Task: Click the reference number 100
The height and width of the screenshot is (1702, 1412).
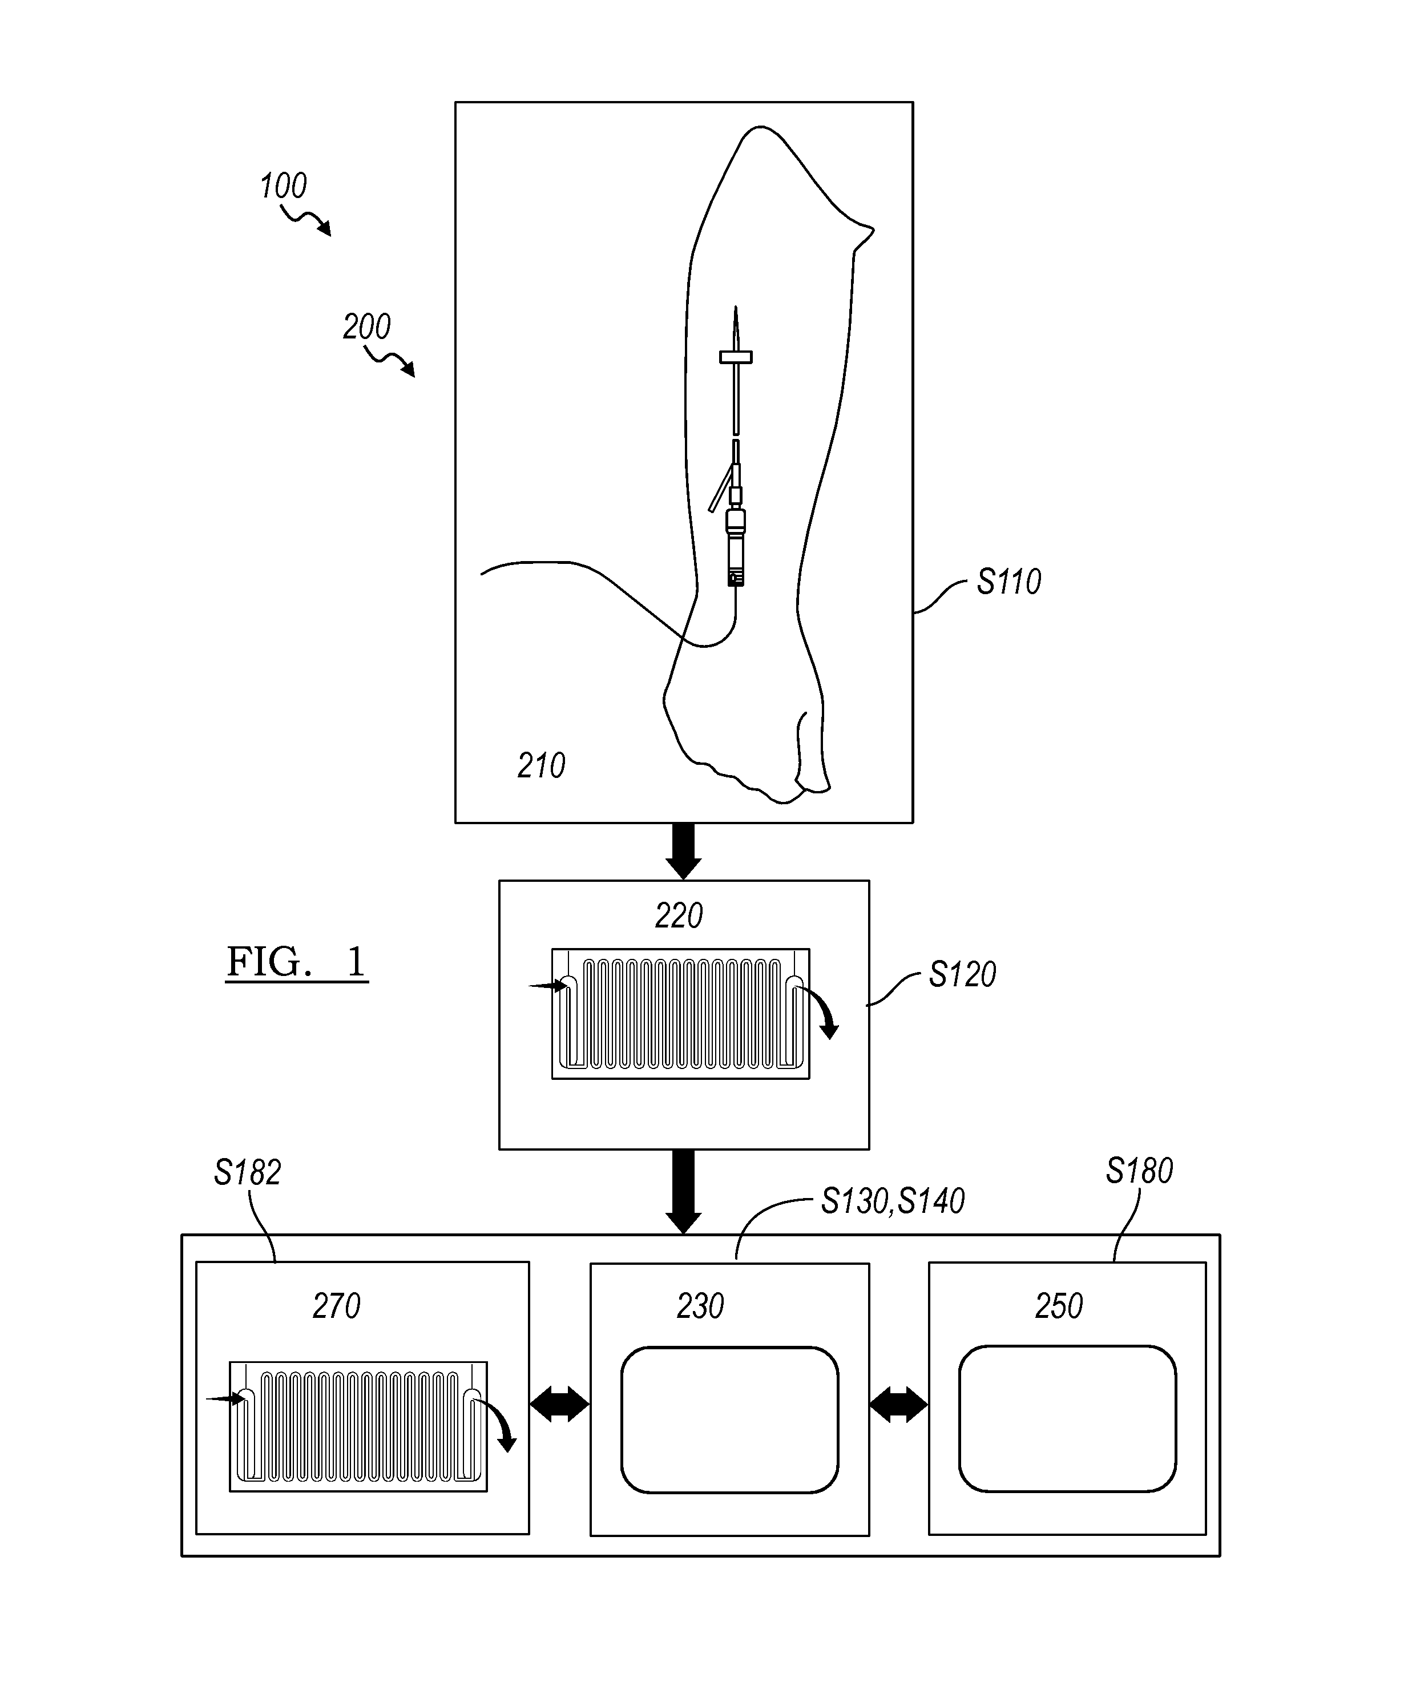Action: [x=283, y=187]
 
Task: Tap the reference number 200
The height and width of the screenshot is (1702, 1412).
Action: [x=366, y=326]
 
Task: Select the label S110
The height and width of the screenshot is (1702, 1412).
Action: [x=1008, y=582]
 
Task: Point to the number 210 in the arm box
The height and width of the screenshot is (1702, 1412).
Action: [x=542, y=765]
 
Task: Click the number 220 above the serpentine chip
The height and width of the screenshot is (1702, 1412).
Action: [x=679, y=916]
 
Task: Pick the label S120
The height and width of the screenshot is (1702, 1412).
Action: [x=962, y=974]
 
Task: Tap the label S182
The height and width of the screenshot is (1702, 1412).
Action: [x=247, y=1173]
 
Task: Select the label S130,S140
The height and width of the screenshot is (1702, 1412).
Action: [x=893, y=1201]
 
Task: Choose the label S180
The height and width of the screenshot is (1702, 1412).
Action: [x=1139, y=1171]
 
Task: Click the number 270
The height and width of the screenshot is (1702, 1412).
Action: [x=336, y=1306]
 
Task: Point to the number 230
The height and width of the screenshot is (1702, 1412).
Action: [x=700, y=1306]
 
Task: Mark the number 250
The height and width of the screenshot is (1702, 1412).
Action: [x=1059, y=1306]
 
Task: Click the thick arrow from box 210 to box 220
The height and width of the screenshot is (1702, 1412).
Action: [x=683, y=851]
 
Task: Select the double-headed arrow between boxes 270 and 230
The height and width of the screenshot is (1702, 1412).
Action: [x=559, y=1403]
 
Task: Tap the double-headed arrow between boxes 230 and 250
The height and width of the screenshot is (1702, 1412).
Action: [x=898, y=1403]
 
